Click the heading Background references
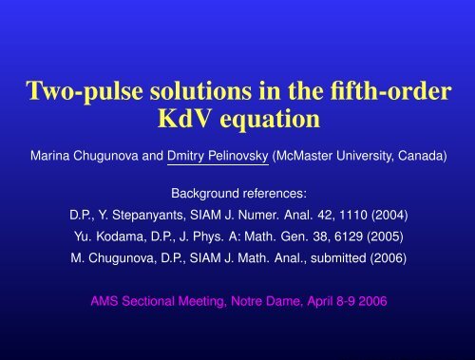237,191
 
